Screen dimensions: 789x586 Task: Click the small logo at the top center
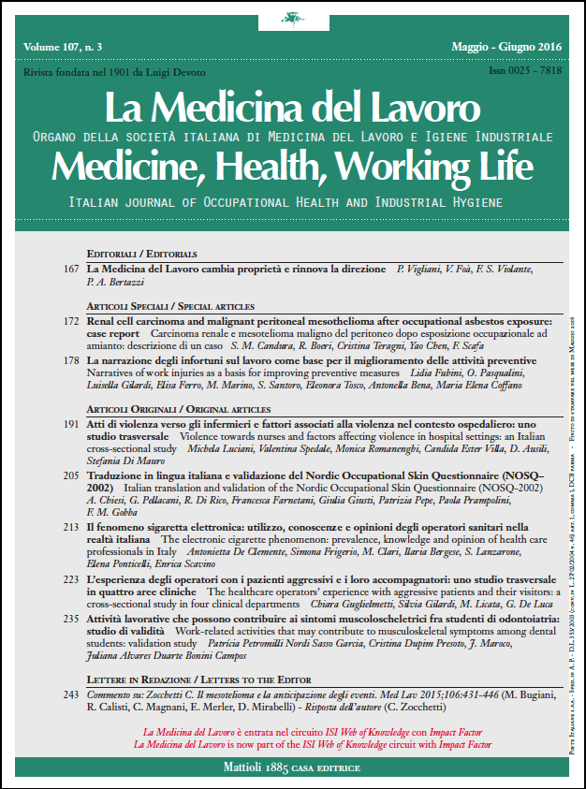click(x=293, y=18)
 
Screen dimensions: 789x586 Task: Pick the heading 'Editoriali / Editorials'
click(x=141, y=254)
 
